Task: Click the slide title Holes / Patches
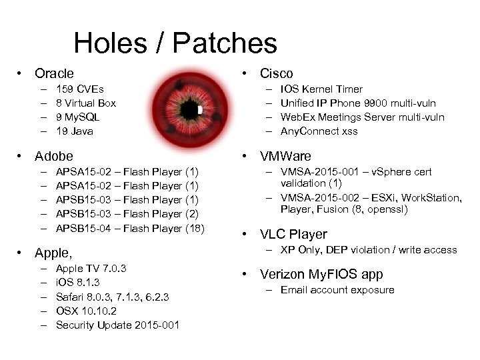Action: [175, 43]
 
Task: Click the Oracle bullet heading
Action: [54, 73]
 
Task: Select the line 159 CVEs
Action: [80, 89]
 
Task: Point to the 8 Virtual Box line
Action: [86, 103]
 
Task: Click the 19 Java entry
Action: [75, 131]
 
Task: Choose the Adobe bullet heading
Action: [53, 156]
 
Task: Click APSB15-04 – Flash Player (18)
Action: [130, 228]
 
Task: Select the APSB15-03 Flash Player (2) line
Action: [127, 214]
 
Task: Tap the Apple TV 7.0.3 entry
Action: [91, 269]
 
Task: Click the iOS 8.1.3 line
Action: [78, 283]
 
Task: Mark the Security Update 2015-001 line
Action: [117, 325]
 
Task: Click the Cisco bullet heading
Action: [276, 73]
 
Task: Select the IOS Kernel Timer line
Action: [321, 89]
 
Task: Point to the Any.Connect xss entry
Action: [319, 131]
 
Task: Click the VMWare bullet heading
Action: [285, 157]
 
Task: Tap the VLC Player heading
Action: [293, 234]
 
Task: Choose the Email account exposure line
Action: [337, 289]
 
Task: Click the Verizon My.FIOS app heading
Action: [321, 274]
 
